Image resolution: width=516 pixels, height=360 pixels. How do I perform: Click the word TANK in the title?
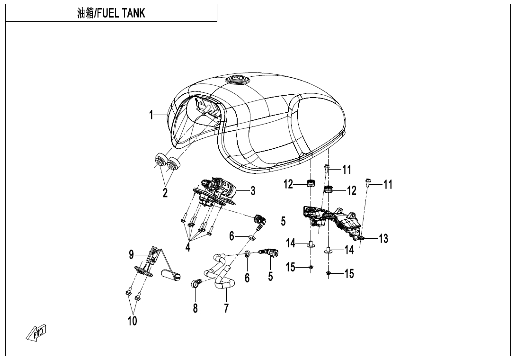click(x=133, y=13)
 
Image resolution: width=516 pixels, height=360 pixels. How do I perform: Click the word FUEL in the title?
click(x=108, y=13)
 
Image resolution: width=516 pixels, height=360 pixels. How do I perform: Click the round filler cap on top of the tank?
click(x=236, y=79)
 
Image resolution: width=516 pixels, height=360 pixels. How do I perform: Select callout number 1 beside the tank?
click(x=151, y=115)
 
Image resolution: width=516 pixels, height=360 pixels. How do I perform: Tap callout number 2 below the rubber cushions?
click(x=165, y=193)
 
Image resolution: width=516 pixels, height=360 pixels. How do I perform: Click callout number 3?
click(x=253, y=191)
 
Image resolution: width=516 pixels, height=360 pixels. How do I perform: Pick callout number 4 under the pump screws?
click(x=188, y=247)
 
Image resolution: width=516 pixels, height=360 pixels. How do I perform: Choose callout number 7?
click(x=226, y=308)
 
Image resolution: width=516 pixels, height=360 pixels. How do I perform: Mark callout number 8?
click(x=195, y=308)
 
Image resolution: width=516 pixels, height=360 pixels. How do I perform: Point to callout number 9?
click(x=132, y=255)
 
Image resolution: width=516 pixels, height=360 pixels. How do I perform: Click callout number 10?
click(x=132, y=321)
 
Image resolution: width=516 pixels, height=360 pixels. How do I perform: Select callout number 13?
click(x=383, y=239)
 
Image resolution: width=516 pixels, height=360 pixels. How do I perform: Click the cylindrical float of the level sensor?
click(x=172, y=274)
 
